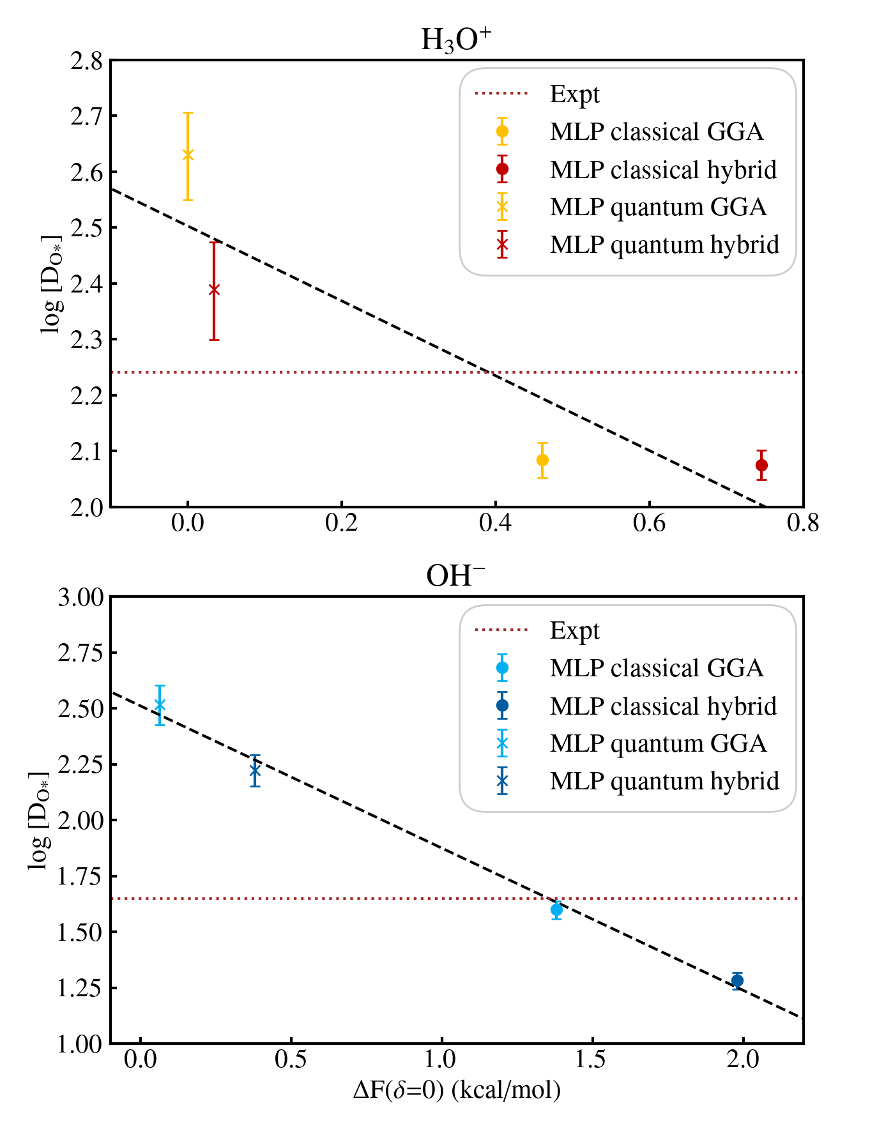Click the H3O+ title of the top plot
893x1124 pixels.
[455, 40]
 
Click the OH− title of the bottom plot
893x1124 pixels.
[455, 576]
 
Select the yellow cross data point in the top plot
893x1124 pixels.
[188, 155]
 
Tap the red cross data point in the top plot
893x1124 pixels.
[214, 290]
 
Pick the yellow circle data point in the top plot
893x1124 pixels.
[542, 460]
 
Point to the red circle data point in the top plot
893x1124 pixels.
[761, 465]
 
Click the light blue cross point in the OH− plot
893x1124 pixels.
[160, 705]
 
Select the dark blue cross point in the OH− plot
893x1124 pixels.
[255, 771]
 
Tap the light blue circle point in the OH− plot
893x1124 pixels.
[556, 909]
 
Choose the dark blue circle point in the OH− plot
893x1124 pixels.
[737, 980]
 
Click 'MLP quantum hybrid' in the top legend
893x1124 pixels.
[664, 245]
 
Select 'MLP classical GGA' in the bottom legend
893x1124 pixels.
[657, 668]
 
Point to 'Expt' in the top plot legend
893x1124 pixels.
[575, 94]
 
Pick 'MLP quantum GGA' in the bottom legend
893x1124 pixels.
[658, 743]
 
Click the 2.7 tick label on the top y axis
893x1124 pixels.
[86, 116]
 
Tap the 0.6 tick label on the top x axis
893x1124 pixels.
[649, 524]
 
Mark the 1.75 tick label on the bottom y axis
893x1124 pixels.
[80, 876]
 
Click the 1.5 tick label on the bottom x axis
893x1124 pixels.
[591, 1060]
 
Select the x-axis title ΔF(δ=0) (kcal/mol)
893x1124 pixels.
[457, 1090]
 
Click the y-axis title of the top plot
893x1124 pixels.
[51, 284]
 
